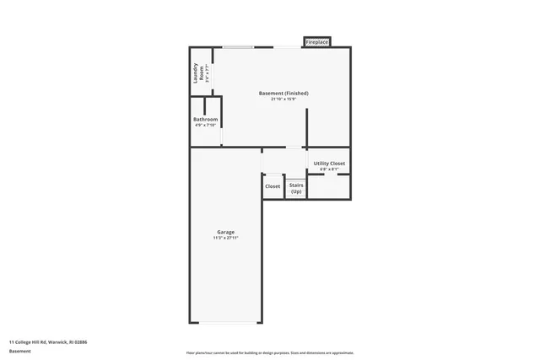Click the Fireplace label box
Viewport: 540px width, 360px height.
coord(317,42)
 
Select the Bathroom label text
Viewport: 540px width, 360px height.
coord(206,120)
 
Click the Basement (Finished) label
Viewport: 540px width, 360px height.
coord(283,93)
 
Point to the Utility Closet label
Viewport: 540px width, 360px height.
coord(329,163)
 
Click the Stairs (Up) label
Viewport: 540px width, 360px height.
coord(296,188)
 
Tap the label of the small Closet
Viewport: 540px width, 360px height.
coord(273,186)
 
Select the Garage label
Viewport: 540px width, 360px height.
coord(225,232)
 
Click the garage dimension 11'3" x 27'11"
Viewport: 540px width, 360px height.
coord(225,239)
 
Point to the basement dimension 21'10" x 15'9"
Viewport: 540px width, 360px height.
coord(283,99)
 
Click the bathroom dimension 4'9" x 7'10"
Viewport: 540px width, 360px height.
coord(206,126)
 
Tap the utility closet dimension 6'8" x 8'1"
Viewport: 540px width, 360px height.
coord(329,169)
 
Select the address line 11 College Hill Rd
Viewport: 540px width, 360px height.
coord(48,342)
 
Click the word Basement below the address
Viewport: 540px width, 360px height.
coord(20,351)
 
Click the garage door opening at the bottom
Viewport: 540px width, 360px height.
coord(227,322)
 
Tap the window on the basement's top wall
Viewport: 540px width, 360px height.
coord(238,47)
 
